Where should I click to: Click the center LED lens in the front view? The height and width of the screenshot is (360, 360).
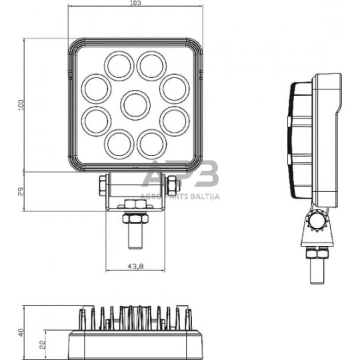pos(135,104)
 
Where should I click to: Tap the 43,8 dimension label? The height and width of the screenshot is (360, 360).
pos(135,267)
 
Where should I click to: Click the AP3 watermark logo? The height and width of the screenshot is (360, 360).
pos(180,175)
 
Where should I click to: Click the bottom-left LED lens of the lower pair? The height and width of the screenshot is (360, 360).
pos(119,143)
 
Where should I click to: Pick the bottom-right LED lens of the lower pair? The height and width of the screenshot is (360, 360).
pos(151,143)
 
